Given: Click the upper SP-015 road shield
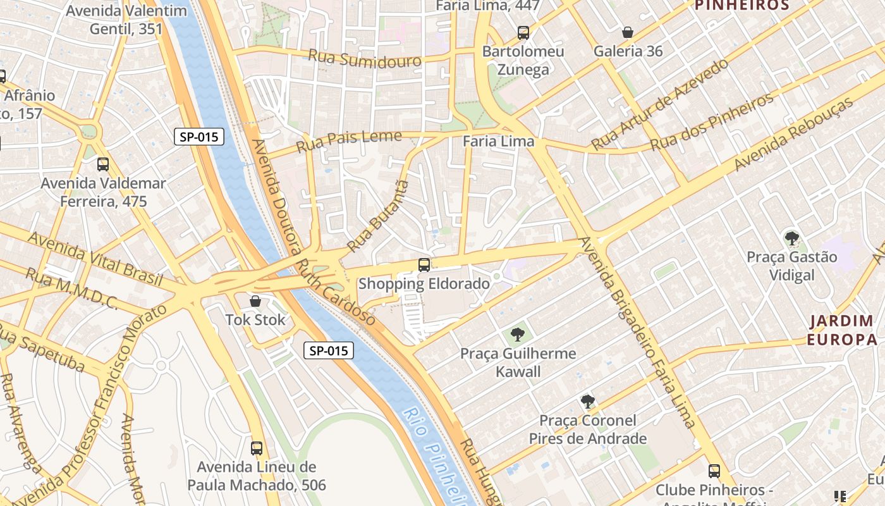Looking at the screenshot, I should coord(199,137).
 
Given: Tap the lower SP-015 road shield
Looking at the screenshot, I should coord(329,350).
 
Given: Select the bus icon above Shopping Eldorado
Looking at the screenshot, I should coord(424,265).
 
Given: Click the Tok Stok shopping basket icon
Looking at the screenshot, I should coord(255,301).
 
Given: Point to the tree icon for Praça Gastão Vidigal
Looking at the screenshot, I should coord(791,238).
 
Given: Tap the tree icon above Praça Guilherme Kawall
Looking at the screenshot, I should coord(518,334).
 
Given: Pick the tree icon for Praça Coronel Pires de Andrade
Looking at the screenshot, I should coord(588,401).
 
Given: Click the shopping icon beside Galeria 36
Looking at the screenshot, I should coord(628,32).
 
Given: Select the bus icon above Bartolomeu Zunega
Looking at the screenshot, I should coord(523,32).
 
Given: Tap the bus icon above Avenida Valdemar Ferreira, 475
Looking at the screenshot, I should coord(103,164).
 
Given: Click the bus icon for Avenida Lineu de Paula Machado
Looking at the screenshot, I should coord(257,448).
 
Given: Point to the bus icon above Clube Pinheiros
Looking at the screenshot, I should coord(714,471).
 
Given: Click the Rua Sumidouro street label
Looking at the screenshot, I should coord(365,59).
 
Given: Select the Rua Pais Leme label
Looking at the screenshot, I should coord(349,140).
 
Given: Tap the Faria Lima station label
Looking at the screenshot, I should coord(499,141).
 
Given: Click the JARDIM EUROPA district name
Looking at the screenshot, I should coord(843,330).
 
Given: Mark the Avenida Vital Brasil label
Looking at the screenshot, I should coord(95,259).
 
